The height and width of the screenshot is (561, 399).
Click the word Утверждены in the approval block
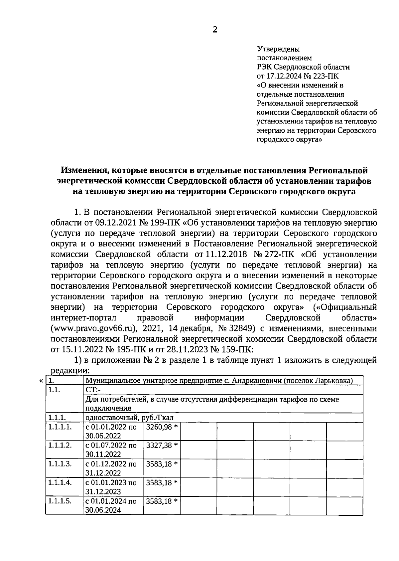pyautogui.click(x=279, y=49)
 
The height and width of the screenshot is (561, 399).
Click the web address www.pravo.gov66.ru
pyautogui.click(x=94, y=329)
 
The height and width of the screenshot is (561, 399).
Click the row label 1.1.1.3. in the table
pyautogui.click(x=60, y=464)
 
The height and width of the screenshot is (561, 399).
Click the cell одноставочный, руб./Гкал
pyautogui.click(x=130, y=418)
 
